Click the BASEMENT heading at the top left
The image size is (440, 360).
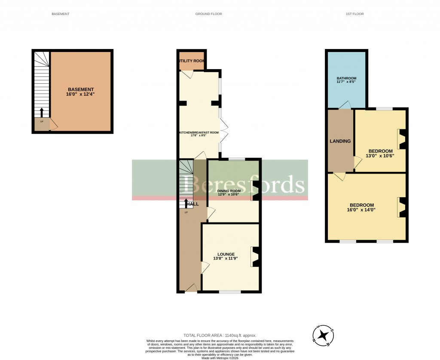click(60, 14)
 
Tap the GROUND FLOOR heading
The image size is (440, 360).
click(208, 14)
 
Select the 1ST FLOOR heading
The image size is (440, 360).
click(354, 14)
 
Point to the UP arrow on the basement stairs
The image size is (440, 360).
click(42, 113)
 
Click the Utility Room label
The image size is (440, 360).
click(192, 61)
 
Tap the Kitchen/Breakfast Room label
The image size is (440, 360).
click(199, 133)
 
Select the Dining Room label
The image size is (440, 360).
click(229, 191)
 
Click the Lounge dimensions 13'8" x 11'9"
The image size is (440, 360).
click(226, 259)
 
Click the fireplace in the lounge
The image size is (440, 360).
click(255, 257)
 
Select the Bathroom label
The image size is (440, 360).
click(346, 78)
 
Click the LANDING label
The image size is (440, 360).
click(340, 141)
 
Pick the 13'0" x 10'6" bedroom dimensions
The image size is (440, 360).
click(379, 156)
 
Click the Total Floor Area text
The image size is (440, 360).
click(220, 335)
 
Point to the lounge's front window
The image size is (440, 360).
click(230, 292)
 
